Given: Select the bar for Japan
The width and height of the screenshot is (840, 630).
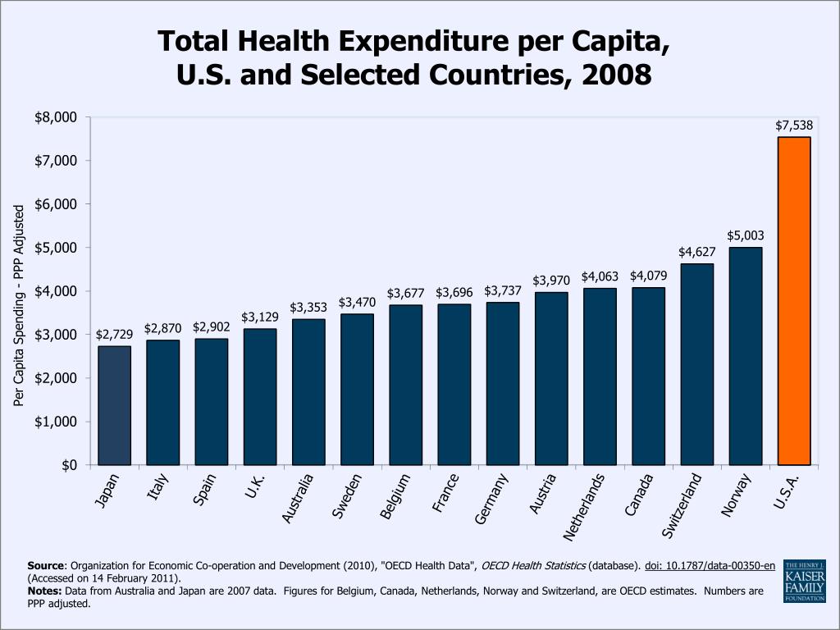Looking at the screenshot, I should (114, 405).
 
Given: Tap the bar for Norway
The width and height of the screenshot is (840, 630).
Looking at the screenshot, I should (745, 356).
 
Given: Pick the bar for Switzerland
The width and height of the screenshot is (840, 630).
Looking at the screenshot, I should (696, 364).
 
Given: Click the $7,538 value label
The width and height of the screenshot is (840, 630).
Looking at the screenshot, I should (794, 126).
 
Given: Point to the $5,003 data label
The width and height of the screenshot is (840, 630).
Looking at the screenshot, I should (745, 235).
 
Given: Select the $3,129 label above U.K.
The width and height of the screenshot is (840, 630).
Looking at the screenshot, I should (259, 317).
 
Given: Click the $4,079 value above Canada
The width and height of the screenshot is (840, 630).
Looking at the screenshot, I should (648, 276).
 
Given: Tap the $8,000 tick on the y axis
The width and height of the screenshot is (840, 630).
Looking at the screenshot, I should (56, 117).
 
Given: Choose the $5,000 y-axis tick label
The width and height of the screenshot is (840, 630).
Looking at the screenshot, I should (56, 248).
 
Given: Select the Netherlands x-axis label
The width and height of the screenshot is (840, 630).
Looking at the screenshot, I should (584, 506).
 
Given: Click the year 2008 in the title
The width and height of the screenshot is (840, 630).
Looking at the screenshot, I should (616, 75).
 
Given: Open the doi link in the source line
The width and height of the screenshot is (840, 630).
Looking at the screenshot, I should (710, 566).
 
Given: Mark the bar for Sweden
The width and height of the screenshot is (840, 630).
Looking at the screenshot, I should (357, 389).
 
